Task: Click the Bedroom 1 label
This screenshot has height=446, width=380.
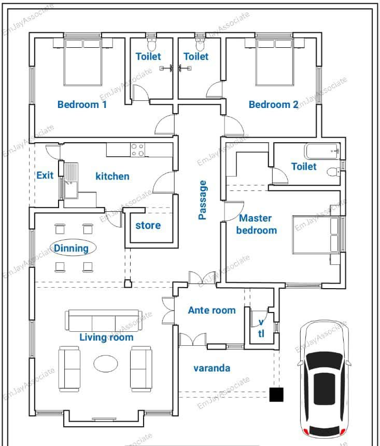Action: tap(82, 104)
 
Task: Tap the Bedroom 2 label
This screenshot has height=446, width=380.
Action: tap(274, 104)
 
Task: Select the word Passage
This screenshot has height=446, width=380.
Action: tap(203, 200)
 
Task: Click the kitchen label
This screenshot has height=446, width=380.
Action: tap(112, 177)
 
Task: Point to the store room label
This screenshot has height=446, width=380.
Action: tap(148, 225)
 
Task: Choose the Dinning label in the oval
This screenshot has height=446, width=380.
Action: tap(72, 248)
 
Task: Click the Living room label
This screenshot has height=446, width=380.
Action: tap(106, 337)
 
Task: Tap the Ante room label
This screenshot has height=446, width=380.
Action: tap(212, 310)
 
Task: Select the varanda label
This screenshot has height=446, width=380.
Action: tap(212, 368)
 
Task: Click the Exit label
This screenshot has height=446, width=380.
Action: tap(45, 175)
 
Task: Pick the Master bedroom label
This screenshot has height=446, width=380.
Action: tap(257, 224)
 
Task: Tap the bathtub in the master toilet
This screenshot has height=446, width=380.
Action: tap(322, 151)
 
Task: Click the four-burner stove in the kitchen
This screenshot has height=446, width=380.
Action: tap(137, 150)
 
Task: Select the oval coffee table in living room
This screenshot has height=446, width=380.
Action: tap(106, 363)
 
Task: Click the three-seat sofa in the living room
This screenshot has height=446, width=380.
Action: tap(104, 320)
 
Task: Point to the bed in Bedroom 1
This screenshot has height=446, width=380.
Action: tap(83, 62)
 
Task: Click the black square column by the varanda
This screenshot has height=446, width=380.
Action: tap(276, 395)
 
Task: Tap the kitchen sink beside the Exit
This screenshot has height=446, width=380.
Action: tap(71, 180)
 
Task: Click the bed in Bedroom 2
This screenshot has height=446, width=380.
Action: tap(275, 62)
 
